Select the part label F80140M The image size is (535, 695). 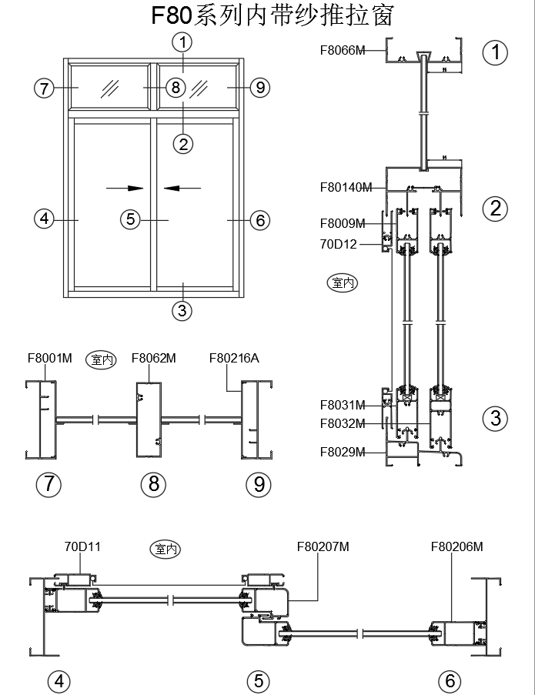(346, 187)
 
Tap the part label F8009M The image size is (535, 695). (343, 224)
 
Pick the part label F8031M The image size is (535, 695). (343, 405)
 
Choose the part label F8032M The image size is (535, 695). (343, 423)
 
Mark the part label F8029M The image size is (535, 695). (343, 452)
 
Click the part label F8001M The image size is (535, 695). (49, 358)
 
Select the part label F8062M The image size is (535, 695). (154, 358)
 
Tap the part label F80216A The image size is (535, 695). (234, 358)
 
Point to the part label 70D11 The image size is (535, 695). (82, 547)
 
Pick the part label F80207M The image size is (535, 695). (323, 547)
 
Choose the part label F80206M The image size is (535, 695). (456, 547)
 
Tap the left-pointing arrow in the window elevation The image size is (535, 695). (182, 187)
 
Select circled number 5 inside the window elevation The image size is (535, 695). (130, 219)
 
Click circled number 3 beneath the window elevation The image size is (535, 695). (182, 311)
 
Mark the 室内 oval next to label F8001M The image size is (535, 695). (101, 359)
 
